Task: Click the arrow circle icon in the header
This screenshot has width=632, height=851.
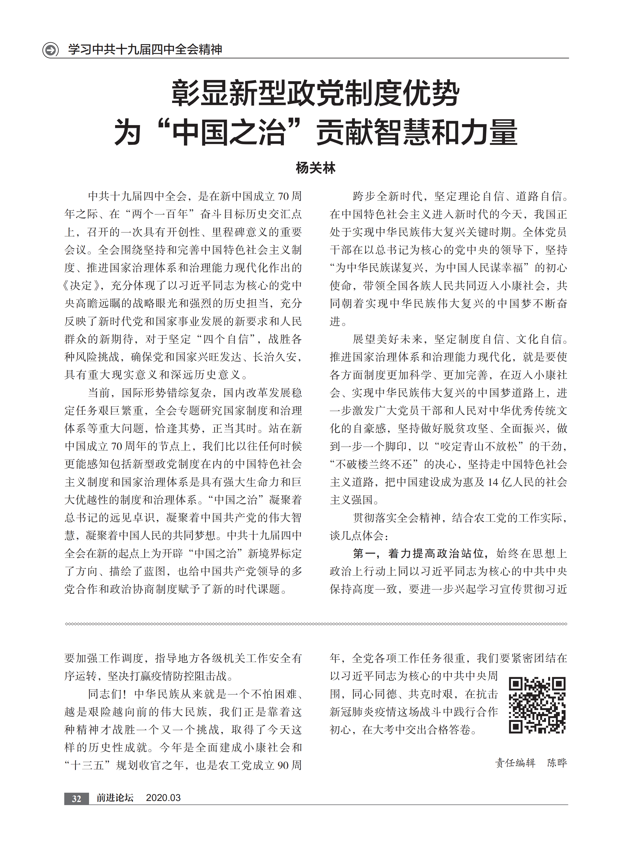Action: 51,50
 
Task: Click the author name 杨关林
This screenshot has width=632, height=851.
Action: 315,168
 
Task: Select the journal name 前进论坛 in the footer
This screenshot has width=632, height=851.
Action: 115,798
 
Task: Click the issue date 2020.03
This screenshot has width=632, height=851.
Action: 163,798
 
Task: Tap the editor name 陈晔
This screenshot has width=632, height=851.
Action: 557,763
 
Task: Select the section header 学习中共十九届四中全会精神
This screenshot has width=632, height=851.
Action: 145,49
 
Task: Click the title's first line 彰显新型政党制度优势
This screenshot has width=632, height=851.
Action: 315,94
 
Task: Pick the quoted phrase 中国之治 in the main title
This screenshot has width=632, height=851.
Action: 229,132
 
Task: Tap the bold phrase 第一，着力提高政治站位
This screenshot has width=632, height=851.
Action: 419,553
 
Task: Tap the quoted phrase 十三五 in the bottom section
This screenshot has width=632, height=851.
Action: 87,765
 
